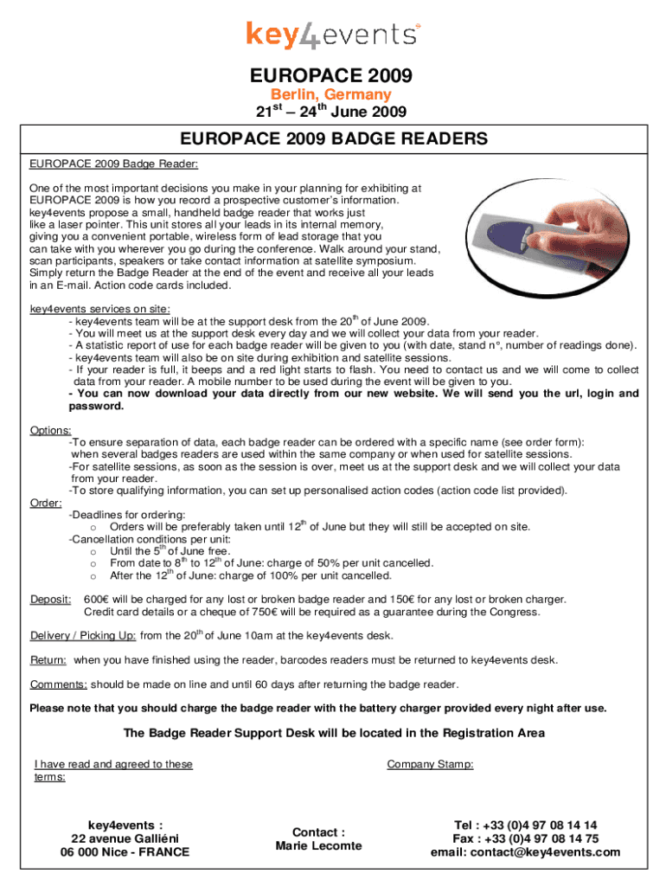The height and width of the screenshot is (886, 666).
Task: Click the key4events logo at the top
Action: coord(333,34)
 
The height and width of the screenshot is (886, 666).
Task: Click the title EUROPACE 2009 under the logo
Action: coord(332,75)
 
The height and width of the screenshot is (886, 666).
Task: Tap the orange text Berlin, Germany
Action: coord(332,94)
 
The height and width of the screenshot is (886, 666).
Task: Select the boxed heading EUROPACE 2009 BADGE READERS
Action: coord(334,138)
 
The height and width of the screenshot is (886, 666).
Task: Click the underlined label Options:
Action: coord(51,430)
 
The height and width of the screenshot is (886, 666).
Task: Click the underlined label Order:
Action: coord(46,503)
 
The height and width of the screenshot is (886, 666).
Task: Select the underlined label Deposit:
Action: coord(51,600)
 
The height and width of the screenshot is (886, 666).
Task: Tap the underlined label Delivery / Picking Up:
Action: coord(83,636)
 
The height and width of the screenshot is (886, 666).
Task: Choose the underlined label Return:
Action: coord(48,660)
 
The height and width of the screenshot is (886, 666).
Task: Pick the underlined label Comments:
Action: coord(58,684)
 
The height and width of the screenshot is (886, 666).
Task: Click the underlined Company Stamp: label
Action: coord(430,764)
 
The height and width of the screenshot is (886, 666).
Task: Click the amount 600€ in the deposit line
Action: coord(95,600)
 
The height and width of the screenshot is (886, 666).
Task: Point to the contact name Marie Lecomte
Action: coord(319,845)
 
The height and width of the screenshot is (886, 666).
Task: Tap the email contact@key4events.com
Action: coord(526,852)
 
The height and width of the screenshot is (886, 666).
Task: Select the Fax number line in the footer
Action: coord(526,838)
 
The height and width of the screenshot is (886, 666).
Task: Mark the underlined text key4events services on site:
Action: coord(99,309)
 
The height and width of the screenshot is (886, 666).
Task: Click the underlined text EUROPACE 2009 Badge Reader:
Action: coord(114,163)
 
